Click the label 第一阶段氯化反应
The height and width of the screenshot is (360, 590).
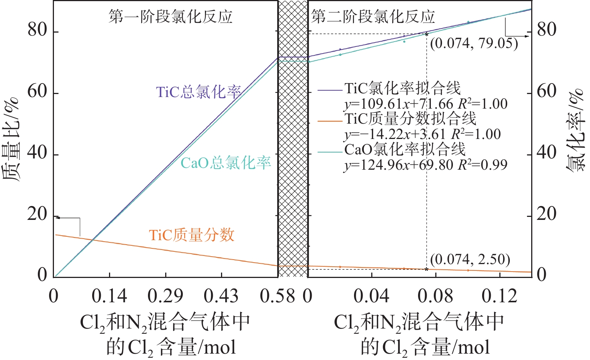[x=170, y=16]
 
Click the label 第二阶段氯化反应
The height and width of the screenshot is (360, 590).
[x=373, y=16]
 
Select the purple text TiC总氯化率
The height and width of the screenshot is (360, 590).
[x=198, y=92]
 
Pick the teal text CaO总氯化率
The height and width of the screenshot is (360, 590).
[x=226, y=163]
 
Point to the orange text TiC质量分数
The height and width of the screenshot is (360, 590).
[x=191, y=235]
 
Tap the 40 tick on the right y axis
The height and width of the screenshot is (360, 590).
[x=547, y=153]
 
